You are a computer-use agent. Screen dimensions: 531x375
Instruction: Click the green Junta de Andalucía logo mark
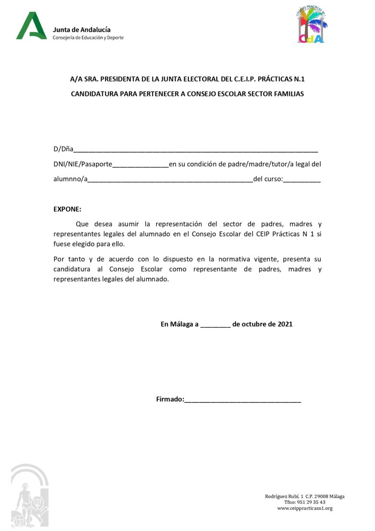pos(31,26)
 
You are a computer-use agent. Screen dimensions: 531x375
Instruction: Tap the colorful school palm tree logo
pos(311,26)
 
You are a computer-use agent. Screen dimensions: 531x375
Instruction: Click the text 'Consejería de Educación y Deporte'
pos(88,38)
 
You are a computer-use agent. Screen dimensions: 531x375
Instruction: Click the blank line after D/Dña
pos(195,150)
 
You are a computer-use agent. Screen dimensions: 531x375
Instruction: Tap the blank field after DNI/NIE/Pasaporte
pos(140,165)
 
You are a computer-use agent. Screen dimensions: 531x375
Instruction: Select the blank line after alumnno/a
pos(170,179)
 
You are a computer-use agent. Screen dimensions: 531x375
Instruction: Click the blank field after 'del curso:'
pos(302,179)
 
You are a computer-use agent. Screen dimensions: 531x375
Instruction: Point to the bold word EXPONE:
pos(67,209)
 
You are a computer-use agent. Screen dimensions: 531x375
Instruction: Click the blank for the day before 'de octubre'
pos(215,325)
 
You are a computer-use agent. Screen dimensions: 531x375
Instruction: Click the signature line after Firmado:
pos(242,400)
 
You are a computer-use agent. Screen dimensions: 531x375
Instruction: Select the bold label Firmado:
pos(170,399)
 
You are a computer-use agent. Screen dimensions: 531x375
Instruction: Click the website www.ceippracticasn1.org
pos(305,508)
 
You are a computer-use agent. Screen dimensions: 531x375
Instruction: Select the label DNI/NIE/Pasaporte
pos(83,164)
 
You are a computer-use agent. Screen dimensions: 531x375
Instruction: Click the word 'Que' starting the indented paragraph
pos(82,224)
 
